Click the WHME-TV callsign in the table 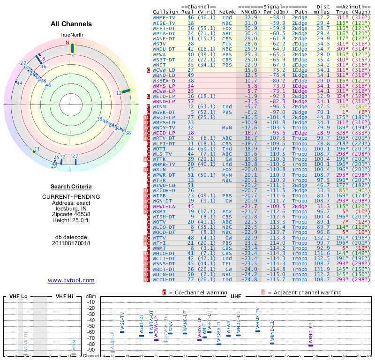tap(164, 17)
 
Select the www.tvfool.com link tap(71, 280)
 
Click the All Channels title tap(71, 24)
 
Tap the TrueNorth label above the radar tap(71, 35)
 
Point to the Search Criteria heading tap(71, 186)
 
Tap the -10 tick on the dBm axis tap(90, 302)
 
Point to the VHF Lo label tap(18, 296)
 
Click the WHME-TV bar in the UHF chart tap(257, 331)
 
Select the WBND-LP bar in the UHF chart tap(310, 345)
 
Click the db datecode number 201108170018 tap(71, 243)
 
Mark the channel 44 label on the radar tap(19, 83)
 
